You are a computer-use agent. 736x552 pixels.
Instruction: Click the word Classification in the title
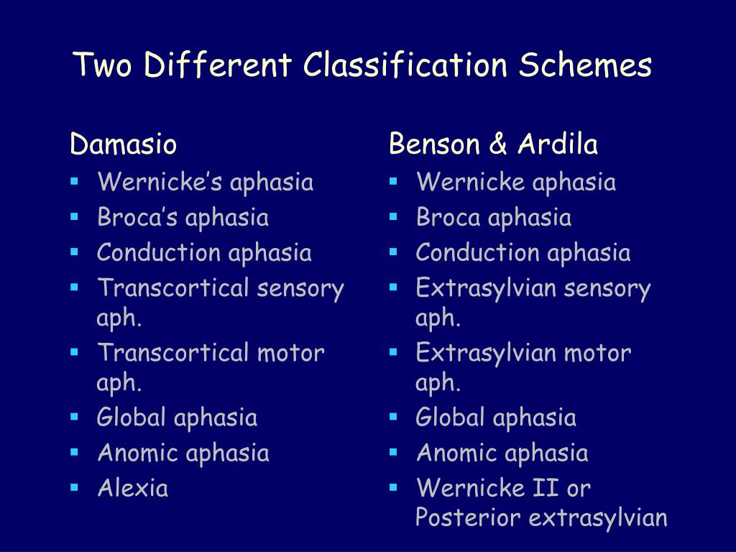pyautogui.click(x=405, y=66)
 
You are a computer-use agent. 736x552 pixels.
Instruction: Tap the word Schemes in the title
pyautogui.click(x=585, y=66)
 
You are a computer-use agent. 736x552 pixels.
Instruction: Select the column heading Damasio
pyautogui.click(x=123, y=145)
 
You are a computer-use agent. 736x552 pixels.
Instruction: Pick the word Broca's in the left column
pyautogui.click(x=138, y=217)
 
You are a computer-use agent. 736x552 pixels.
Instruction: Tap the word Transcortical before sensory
pyautogui.click(x=172, y=288)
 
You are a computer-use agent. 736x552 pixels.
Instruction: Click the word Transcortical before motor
pyautogui.click(x=172, y=353)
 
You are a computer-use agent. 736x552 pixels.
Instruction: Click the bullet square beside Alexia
pyautogui.click(x=74, y=487)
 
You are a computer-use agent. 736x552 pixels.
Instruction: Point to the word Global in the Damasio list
pyautogui.click(x=132, y=417)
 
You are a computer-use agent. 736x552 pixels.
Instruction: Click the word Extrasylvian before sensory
pyautogui.click(x=487, y=288)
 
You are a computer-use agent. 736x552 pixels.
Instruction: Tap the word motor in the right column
pyautogui.click(x=597, y=353)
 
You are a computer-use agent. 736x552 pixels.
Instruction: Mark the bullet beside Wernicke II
pyautogui.click(x=392, y=487)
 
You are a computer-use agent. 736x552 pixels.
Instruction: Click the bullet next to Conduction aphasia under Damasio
pyautogui.click(x=74, y=252)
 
